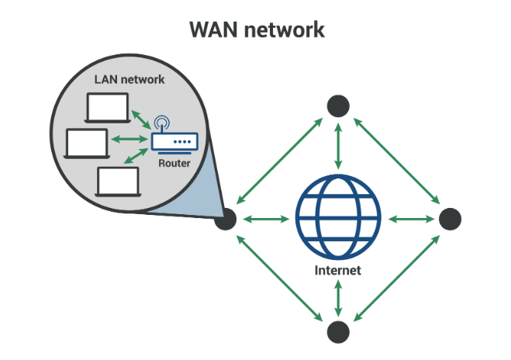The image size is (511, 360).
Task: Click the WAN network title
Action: [x=257, y=30]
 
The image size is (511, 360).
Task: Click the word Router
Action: [x=174, y=164]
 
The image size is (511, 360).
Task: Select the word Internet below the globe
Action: [x=337, y=271]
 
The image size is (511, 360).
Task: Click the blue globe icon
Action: [x=338, y=219]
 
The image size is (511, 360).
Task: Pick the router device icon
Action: [x=174, y=143]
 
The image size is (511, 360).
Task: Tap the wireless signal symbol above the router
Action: [x=161, y=123]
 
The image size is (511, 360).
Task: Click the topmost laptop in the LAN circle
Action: [x=109, y=109]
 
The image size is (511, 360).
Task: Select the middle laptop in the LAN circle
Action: [x=87, y=143]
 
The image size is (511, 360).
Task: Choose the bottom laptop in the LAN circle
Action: [x=118, y=182]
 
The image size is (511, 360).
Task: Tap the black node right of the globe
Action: [x=450, y=219]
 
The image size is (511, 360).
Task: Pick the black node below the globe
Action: [x=338, y=332]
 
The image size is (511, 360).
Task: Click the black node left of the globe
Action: [x=226, y=219]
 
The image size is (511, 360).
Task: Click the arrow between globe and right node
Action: [x=409, y=219]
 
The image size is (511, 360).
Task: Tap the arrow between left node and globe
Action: [x=265, y=219]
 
